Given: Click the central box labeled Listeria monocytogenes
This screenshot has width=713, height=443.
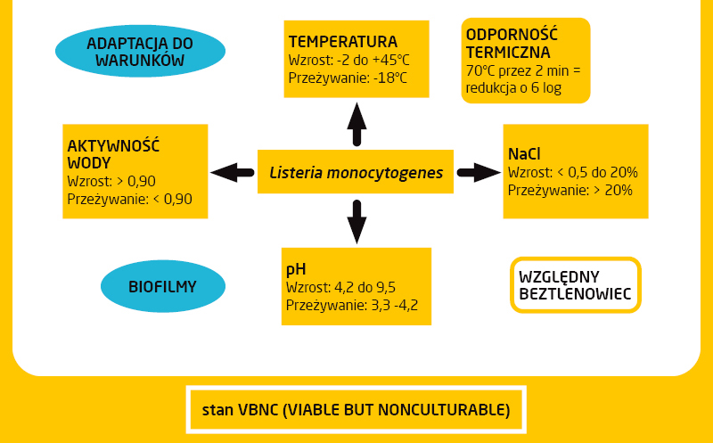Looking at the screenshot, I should pos(356,172).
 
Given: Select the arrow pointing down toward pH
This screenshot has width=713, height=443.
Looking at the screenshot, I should pos(356,220).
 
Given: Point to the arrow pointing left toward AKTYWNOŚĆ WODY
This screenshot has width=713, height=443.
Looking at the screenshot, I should pos(232,171).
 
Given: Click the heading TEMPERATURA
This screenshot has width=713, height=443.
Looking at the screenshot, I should pos(342,42).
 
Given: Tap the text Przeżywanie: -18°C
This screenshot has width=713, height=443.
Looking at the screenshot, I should pos(348,78).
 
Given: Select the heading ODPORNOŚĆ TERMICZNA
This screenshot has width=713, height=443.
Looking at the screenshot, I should pos(512,43).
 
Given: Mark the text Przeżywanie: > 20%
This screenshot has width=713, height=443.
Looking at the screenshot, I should pos(570,190).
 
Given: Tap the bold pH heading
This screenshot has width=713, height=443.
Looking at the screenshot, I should pos(296,268).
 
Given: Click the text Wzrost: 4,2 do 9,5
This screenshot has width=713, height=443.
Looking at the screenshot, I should pos(340,287).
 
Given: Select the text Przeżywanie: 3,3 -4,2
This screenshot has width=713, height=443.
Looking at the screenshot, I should pos(352,305).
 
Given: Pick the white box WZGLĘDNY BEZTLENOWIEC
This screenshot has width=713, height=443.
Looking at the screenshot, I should pos(575,284).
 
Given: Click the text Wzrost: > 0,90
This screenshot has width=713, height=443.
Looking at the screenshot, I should pos(111,181).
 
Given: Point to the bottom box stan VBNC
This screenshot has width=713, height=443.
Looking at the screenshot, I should pos(356,410).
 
